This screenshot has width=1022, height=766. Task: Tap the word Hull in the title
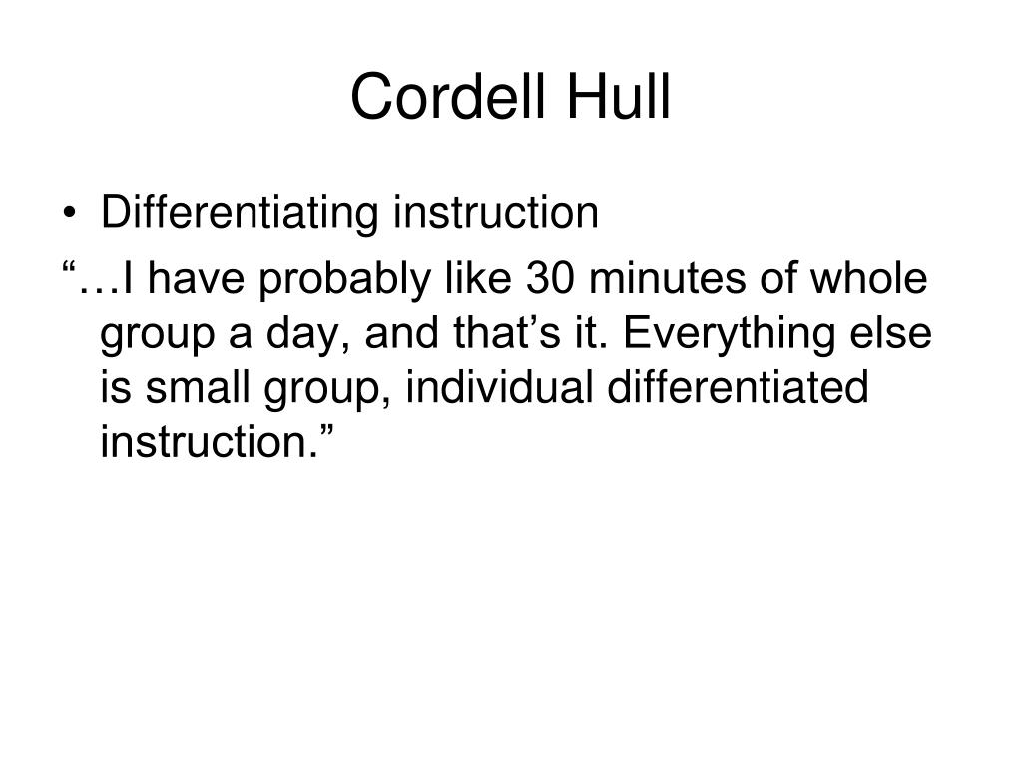click(x=619, y=96)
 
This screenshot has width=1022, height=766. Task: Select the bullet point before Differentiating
click(x=69, y=214)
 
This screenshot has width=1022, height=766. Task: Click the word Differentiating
click(x=240, y=212)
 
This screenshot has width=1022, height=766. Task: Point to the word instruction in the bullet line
click(x=496, y=212)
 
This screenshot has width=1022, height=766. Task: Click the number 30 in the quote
click(x=551, y=278)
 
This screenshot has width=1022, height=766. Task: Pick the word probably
click(x=344, y=280)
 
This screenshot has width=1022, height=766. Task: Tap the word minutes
click(x=667, y=278)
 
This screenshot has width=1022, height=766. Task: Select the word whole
click(x=868, y=277)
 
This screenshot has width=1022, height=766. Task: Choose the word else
click(x=891, y=333)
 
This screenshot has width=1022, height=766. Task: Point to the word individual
click(x=499, y=387)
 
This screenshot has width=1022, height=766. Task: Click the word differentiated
click(x=738, y=387)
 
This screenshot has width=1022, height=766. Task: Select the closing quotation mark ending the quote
click(x=326, y=431)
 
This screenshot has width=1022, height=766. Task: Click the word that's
click(x=506, y=333)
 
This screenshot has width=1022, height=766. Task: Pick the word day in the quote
click(x=307, y=336)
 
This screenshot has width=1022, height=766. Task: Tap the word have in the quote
click(x=197, y=277)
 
